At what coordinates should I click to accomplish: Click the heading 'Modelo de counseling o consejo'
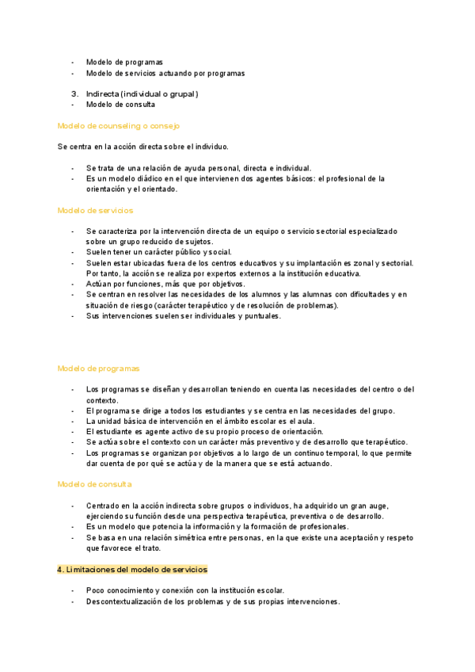click(x=119, y=126)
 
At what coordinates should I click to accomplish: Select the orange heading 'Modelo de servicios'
click(x=95, y=211)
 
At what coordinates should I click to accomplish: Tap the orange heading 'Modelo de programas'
click(x=98, y=368)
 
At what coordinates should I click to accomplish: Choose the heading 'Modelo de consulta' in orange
click(x=94, y=484)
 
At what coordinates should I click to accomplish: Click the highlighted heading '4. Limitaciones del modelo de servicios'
click(x=132, y=570)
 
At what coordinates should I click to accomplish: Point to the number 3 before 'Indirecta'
click(x=73, y=94)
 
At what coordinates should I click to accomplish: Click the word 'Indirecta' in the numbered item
click(x=103, y=94)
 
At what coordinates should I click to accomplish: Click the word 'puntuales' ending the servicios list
click(x=260, y=316)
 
